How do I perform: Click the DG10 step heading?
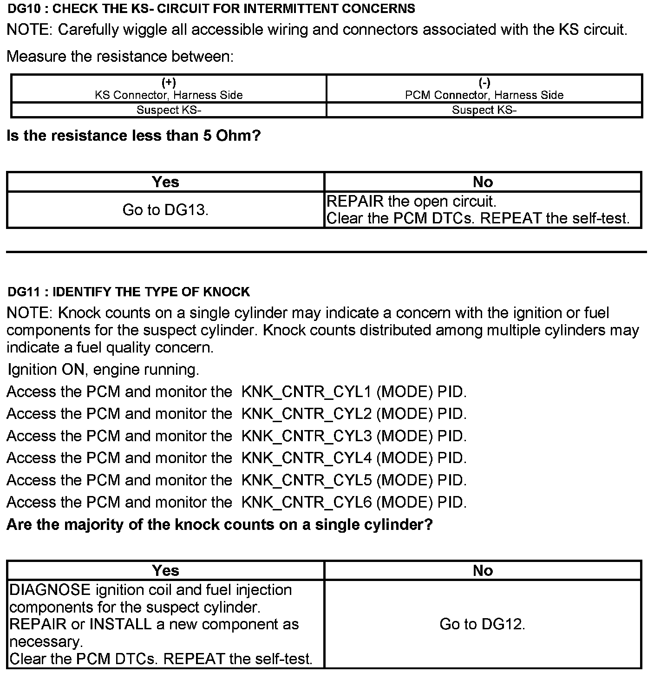(211, 8)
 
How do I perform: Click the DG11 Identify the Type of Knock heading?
(129, 292)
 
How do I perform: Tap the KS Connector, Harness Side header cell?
(169, 89)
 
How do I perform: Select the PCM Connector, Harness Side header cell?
(484, 89)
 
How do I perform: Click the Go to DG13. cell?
(165, 210)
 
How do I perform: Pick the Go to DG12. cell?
(482, 624)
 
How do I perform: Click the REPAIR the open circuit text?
(412, 202)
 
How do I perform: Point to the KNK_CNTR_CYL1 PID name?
(307, 392)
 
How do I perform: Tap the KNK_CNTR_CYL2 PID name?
(307, 414)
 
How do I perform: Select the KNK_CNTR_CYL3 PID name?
(307, 436)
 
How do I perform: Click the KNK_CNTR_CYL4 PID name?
(307, 458)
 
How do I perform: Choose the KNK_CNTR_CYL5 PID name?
(307, 480)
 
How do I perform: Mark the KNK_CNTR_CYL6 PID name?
(307, 502)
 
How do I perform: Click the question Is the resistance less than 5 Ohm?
(134, 136)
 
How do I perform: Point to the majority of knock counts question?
(220, 525)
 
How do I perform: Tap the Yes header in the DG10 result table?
(165, 182)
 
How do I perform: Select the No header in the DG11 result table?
(483, 570)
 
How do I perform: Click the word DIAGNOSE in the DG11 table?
(50, 590)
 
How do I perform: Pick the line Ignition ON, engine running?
(103, 370)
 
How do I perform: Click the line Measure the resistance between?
(120, 57)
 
